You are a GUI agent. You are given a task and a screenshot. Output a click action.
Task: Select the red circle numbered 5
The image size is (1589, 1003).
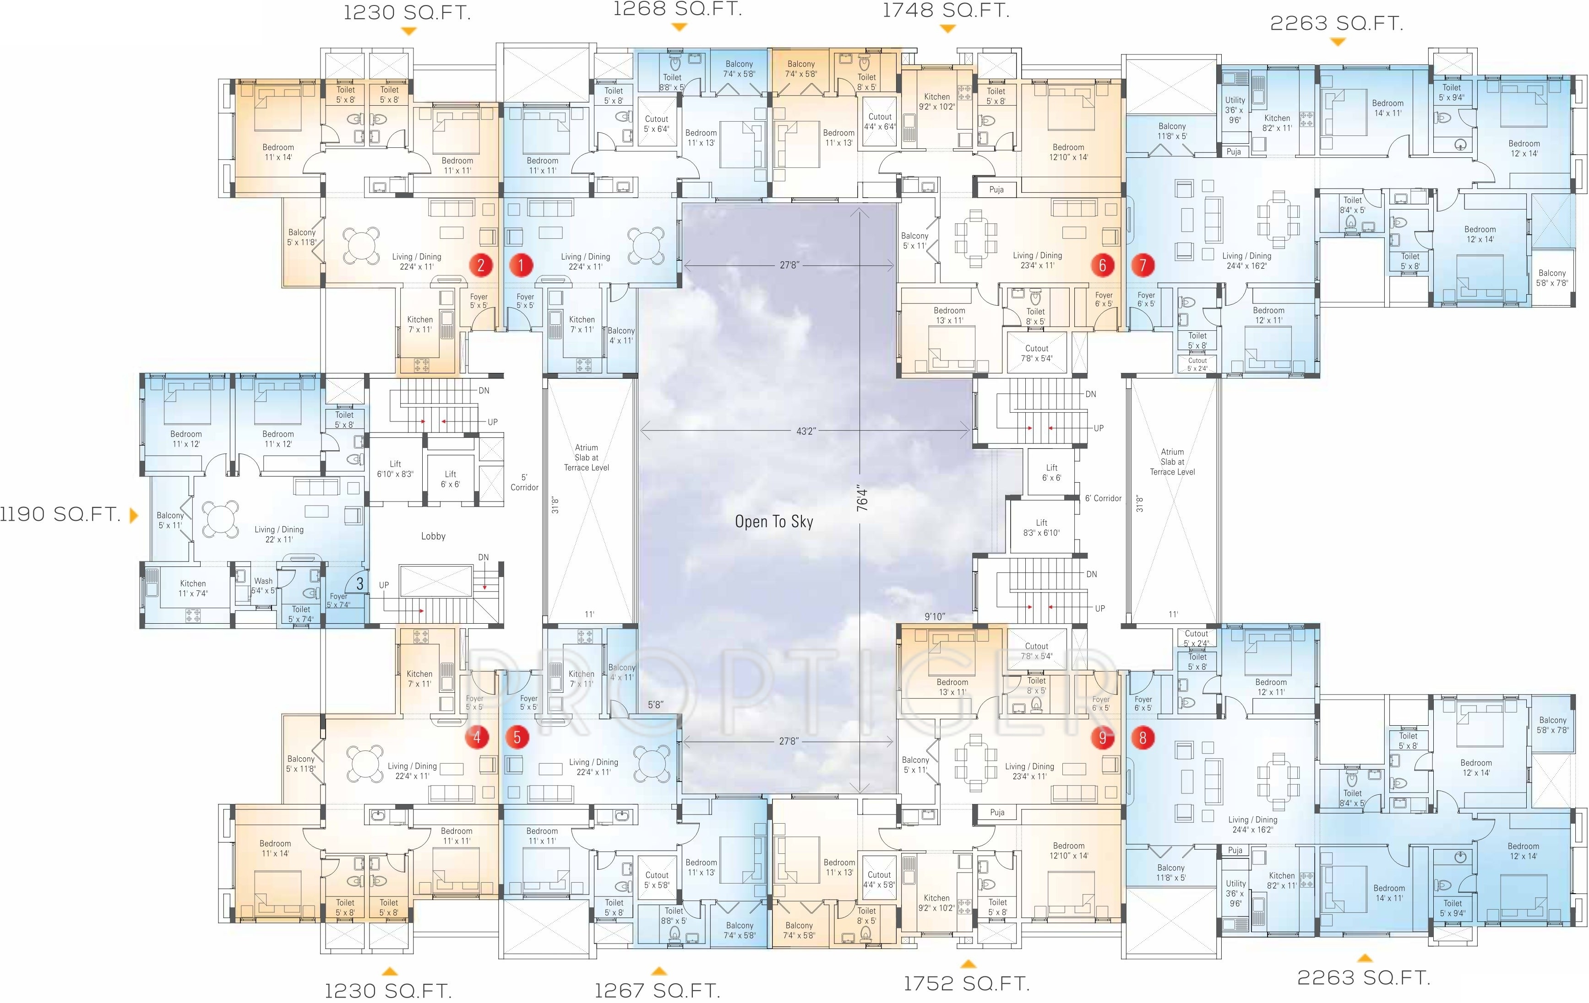coord(517,737)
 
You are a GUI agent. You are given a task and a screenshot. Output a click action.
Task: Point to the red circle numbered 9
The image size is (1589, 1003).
coord(1102,737)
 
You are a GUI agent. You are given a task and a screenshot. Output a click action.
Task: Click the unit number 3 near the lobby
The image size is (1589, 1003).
coord(359,583)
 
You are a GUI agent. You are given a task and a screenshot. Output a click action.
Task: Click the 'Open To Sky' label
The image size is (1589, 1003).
coord(774,522)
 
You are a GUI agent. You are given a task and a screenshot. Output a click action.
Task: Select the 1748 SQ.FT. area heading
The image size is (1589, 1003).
coord(946,11)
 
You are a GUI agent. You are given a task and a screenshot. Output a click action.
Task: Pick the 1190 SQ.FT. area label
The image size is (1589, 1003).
coord(60,514)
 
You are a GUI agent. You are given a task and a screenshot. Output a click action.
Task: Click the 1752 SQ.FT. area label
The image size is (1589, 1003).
coord(966,983)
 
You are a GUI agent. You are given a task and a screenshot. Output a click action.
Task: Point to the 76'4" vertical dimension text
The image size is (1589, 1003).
coord(862,499)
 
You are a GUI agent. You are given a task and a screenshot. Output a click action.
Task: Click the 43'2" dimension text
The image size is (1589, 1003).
coord(805,431)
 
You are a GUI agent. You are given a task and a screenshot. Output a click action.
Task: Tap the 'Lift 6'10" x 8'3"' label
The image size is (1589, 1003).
coord(395,469)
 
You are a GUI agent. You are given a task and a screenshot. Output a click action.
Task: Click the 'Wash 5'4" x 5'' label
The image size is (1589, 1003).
coord(263,586)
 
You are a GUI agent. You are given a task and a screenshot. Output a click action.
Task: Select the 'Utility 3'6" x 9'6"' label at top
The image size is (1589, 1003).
coord(1235,110)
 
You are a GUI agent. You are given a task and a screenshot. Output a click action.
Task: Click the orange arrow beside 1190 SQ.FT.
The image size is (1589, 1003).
coord(134,515)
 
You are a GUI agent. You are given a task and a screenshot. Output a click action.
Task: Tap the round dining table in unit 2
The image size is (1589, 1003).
coord(360,244)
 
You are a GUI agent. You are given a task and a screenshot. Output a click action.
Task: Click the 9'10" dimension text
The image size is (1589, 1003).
coord(934,616)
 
